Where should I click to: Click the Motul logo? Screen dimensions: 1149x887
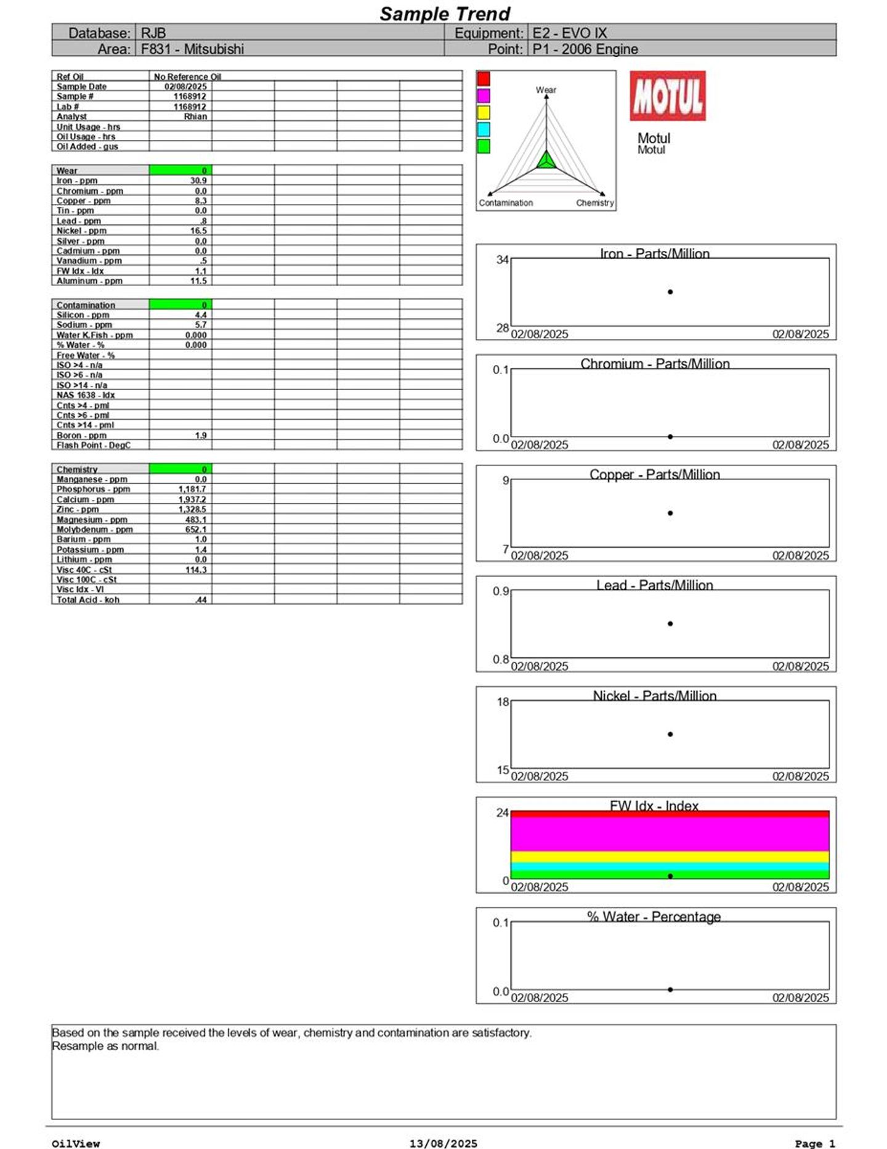point(667,96)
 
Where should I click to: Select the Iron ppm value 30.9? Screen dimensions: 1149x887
point(198,181)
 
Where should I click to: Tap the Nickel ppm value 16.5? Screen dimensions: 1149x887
point(198,231)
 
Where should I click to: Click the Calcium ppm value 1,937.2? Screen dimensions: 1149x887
point(192,499)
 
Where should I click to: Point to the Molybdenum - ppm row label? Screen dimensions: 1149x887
point(94,530)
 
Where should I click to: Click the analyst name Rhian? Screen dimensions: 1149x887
point(195,117)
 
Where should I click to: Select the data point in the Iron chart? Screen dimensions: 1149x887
point(670,292)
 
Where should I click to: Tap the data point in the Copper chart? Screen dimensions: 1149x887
point(670,513)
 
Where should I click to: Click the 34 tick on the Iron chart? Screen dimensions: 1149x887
point(503,260)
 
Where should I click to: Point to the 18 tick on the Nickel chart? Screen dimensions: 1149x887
point(503,702)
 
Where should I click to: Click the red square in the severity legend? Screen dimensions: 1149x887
point(484,78)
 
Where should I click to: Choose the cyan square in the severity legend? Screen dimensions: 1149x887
point(484,129)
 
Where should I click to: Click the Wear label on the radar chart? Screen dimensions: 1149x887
point(546,90)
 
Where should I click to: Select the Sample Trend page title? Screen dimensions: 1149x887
point(445,14)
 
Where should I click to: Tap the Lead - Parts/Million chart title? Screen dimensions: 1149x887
point(654,585)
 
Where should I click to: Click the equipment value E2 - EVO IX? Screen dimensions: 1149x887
point(569,33)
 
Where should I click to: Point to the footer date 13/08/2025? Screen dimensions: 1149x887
point(443,1143)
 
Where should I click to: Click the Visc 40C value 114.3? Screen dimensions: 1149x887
point(196,570)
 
